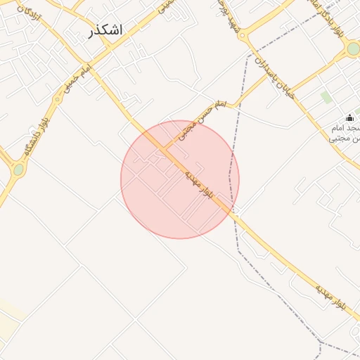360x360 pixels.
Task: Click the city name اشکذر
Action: pos(106,30)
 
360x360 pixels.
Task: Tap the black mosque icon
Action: pos(349,117)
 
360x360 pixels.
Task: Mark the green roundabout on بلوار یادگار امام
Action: pos(353,49)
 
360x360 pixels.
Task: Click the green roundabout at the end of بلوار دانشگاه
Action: pos(18,169)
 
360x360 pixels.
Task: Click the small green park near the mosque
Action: pos(326,96)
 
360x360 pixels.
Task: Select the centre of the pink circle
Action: pos(180,179)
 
